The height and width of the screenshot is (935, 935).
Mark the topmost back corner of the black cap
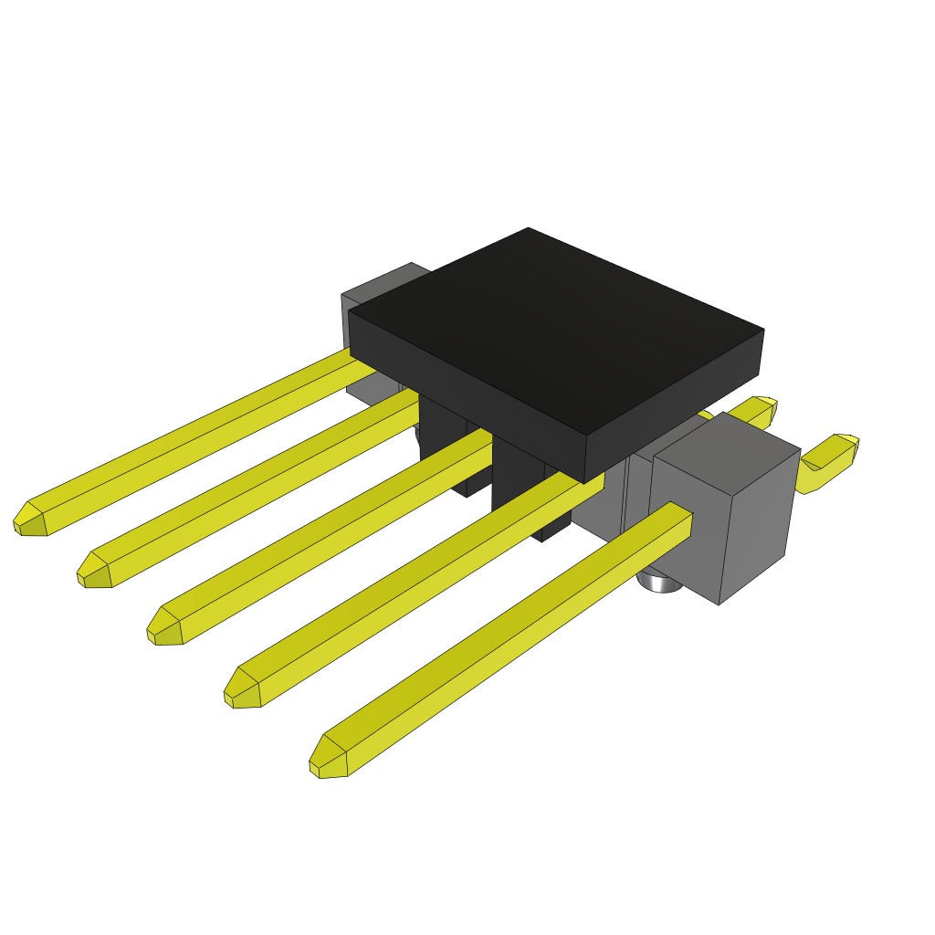click(529, 228)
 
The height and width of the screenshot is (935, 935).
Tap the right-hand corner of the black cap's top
click(762, 330)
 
